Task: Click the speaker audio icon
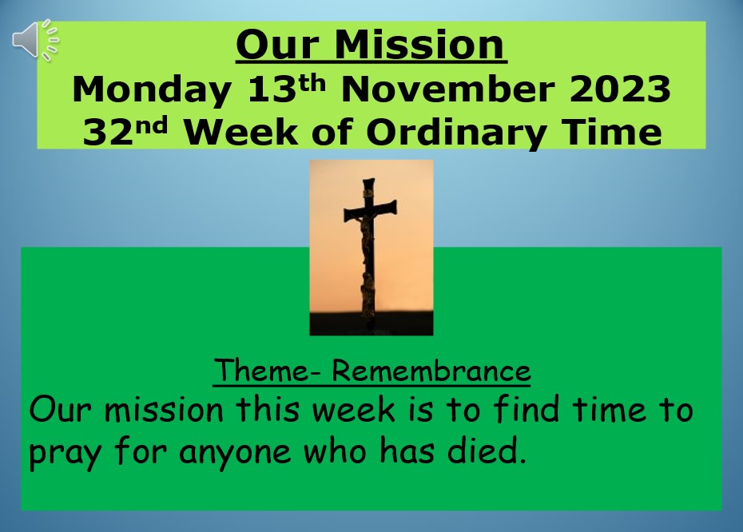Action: (x=35, y=40)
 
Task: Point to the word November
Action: (x=447, y=89)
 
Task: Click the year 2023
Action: (x=620, y=89)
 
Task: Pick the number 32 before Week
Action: (x=107, y=132)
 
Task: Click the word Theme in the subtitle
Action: (x=261, y=370)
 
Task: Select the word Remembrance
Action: (x=431, y=370)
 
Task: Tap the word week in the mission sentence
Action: (x=353, y=409)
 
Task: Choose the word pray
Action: (x=65, y=452)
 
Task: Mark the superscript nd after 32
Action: (x=151, y=125)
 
